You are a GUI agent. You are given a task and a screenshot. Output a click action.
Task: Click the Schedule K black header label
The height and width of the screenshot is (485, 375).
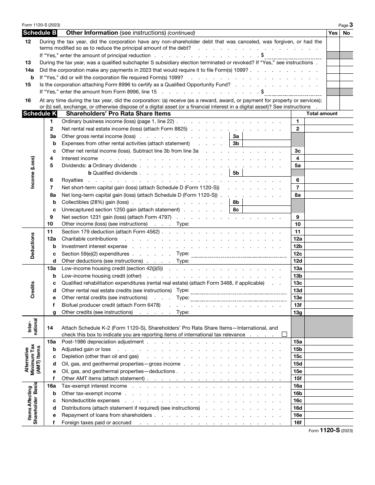pos(39,114)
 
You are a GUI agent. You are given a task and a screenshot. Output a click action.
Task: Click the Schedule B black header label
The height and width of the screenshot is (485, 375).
pos(39,33)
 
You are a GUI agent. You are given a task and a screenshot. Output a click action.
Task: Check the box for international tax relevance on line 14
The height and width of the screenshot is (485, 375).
pos(284,334)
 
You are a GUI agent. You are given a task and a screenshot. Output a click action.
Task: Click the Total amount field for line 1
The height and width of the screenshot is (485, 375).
pos(329,121)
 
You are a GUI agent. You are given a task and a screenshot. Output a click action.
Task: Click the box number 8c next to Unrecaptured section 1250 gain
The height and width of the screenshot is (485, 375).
pos(236,210)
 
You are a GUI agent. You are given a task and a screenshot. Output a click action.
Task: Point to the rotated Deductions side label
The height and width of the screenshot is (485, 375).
pos(33,246)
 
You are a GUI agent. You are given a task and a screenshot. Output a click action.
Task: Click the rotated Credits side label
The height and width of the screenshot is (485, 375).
pos(33,290)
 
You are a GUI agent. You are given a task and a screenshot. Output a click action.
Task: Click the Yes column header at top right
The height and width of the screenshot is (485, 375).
pos(333,33)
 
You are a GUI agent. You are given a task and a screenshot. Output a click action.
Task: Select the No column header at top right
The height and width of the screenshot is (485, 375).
pos(347,33)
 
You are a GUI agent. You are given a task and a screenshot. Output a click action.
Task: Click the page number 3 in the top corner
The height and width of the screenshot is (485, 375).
pos(351,24)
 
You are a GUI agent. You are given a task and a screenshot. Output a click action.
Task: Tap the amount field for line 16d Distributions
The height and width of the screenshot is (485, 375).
pos(329,408)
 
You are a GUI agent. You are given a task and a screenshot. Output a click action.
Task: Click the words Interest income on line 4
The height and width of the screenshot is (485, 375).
pos(80,158)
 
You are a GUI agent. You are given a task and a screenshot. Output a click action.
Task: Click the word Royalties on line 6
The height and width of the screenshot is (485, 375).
pos(72,180)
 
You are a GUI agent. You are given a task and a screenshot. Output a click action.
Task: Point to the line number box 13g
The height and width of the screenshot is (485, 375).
pos(298,312)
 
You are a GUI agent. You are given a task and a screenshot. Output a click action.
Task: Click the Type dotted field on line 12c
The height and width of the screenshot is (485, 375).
pos(239,254)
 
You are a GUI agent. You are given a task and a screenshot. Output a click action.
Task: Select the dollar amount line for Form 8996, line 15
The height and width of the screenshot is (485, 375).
pos(292,92)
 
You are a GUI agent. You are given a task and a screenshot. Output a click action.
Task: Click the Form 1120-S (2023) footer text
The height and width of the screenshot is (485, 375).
pos(330,430)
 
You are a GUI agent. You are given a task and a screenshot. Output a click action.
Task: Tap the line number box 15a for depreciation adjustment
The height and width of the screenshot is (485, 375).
pos(298,342)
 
